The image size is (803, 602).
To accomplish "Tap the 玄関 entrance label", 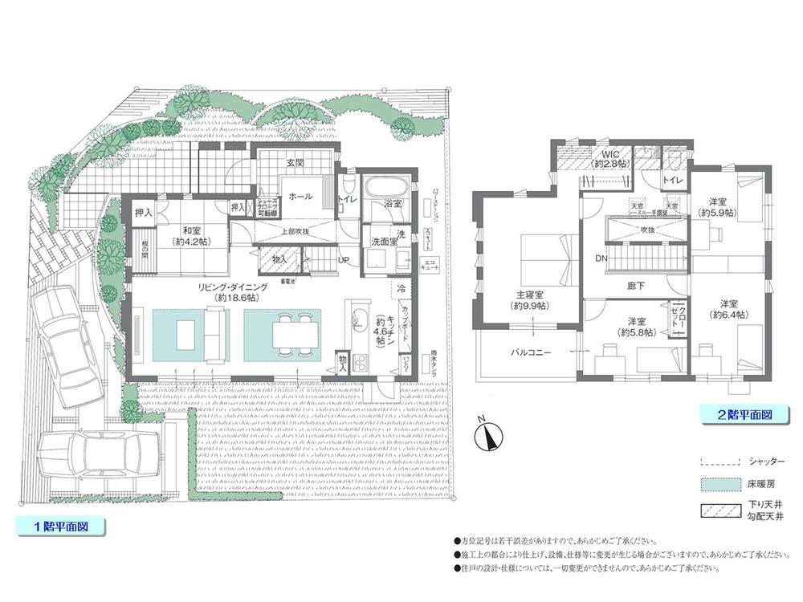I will (295, 163).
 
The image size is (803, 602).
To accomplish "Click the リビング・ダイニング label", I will (229, 291).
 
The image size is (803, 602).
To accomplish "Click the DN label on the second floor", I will (601, 258).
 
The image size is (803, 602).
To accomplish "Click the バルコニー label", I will (528, 352).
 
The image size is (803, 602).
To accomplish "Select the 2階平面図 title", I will (744, 415).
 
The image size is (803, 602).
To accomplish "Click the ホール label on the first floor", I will (300, 195).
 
